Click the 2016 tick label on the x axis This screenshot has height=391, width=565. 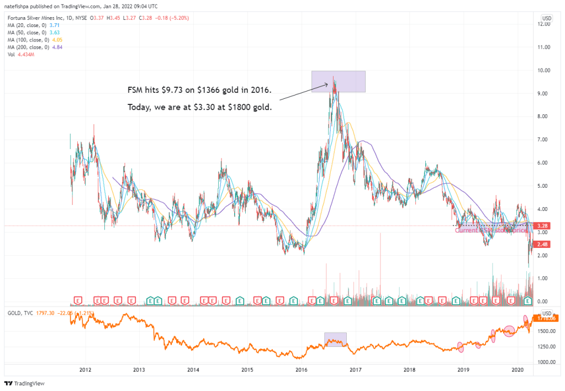(x=301, y=369)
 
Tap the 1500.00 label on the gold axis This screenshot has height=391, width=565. (x=547, y=331)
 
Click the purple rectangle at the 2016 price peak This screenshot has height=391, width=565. (x=338, y=81)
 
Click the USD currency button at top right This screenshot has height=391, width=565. (x=546, y=18)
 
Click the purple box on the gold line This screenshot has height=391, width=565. (x=335, y=339)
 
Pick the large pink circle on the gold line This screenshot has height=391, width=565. (x=509, y=331)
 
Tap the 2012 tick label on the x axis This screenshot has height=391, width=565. (x=85, y=369)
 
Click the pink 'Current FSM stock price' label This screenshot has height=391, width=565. (x=490, y=230)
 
